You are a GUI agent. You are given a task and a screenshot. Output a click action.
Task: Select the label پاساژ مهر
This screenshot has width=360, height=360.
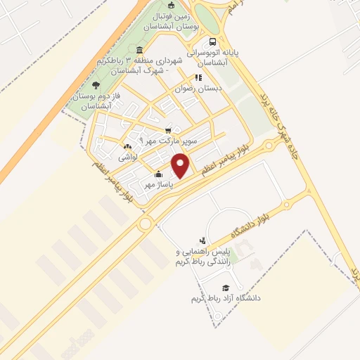point(159,184)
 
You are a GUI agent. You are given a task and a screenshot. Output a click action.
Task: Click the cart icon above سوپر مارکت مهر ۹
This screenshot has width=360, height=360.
point(168,131)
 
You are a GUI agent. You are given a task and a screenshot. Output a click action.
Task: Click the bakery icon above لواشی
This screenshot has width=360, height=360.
point(127,146)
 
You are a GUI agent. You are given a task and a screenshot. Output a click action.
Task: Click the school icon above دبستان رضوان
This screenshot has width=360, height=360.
point(198,78)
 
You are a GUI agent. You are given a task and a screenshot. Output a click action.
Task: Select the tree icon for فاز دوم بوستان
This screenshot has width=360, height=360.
point(96,84)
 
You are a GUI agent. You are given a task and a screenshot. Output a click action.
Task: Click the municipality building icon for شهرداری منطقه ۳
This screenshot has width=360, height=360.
point(140,51)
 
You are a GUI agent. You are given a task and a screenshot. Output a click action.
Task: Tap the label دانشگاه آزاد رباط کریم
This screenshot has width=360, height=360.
point(226,298)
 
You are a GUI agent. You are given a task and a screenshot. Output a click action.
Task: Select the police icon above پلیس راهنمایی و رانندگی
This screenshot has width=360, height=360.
point(202,240)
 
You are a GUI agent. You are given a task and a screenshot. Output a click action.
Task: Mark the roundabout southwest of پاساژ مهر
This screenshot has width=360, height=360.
point(146,224)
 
